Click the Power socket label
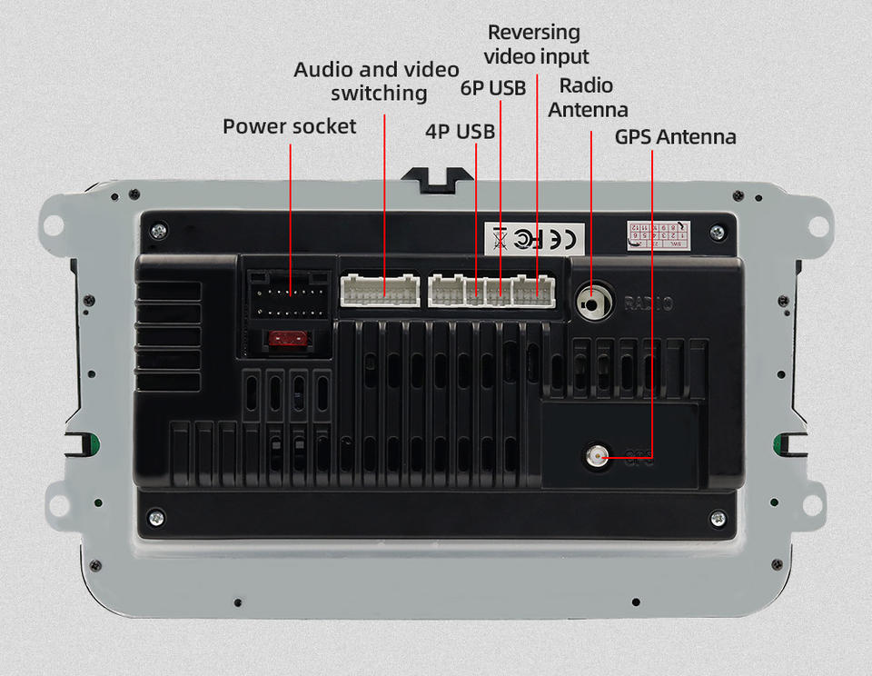pyautogui.click(x=290, y=126)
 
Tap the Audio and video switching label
pyautogui.click(x=377, y=82)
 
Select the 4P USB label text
pyautogui.click(x=460, y=132)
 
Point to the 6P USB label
pyautogui.click(x=493, y=88)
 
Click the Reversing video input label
pyautogui.click(x=535, y=45)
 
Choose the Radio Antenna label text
pyautogui.click(x=588, y=97)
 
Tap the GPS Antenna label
pyautogui.click(x=675, y=137)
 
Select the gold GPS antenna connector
pyautogui.click(x=597, y=455)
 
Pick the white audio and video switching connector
pyautogui.click(x=381, y=289)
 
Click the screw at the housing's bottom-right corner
pyautogui.click(x=718, y=518)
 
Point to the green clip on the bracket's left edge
pyautogui.click(x=89, y=444)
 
